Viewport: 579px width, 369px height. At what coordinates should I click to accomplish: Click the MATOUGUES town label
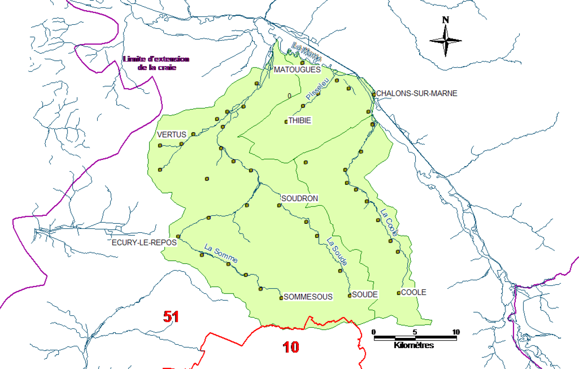pyautogui.click(x=297, y=70)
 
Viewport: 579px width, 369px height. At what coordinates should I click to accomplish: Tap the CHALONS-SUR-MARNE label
pyautogui.click(x=417, y=94)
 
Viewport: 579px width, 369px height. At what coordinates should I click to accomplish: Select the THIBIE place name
pyautogui.click(x=300, y=120)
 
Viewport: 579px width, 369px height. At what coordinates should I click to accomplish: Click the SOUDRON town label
pyautogui.click(x=300, y=198)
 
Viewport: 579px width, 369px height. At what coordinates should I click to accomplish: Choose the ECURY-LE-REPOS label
pyautogui.click(x=144, y=243)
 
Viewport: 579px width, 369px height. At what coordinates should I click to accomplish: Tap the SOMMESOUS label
pyautogui.click(x=308, y=297)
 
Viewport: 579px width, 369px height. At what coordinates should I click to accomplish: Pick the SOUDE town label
pyautogui.click(x=365, y=294)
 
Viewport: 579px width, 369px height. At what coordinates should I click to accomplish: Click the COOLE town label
pyautogui.click(x=414, y=292)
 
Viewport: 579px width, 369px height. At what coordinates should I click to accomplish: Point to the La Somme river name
pyautogui.click(x=221, y=254)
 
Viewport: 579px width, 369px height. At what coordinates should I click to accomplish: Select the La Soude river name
pyautogui.click(x=337, y=252)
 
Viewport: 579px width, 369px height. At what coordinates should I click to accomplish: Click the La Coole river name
pyautogui.click(x=389, y=222)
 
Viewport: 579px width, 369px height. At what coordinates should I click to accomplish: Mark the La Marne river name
pyautogui.click(x=306, y=52)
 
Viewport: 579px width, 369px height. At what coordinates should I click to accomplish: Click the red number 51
pyautogui.click(x=171, y=317)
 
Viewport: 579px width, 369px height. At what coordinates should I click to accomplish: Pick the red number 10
pyautogui.click(x=291, y=347)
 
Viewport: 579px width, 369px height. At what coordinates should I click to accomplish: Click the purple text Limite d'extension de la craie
pyautogui.click(x=156, y=63)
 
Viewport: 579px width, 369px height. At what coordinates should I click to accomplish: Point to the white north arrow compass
pyautogui.click(x=445, y=40)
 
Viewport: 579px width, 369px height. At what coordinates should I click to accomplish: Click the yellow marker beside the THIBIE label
pyautogui.click(x=286, y=121)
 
